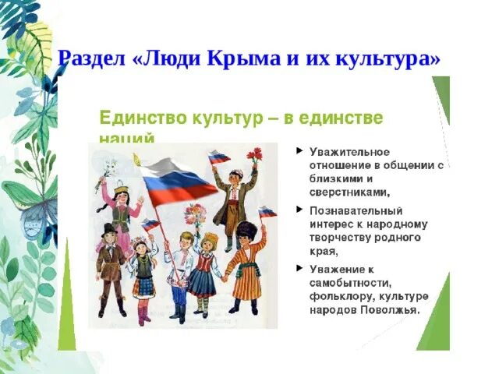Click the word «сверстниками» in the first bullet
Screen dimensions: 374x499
(x=349, y=190)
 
